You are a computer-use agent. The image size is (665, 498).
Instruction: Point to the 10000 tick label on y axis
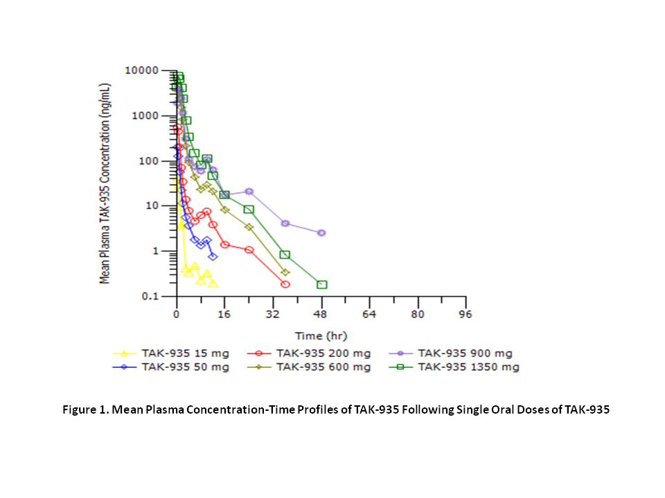tap(142, 71)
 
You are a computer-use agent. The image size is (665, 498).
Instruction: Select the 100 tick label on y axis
tap(147, 160)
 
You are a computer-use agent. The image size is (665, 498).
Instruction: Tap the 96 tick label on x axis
tap(465, 315)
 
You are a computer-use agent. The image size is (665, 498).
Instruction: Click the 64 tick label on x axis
tap(369, 315)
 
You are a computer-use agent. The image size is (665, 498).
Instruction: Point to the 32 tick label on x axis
tap(273, 315)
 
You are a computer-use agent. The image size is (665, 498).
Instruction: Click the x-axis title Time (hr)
tap(321, 336)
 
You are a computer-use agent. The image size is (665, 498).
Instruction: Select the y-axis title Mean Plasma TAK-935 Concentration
tap(105, 183)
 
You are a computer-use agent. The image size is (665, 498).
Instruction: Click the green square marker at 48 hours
tap(321, 285)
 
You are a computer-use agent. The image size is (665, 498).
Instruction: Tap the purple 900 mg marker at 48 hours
tap(321, 233)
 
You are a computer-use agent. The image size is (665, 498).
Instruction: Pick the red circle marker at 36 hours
tap(285, 284)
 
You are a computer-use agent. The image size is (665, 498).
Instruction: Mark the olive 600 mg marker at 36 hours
tap(285, 273)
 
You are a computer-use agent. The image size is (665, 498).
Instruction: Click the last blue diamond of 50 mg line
tap(213, 257)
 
